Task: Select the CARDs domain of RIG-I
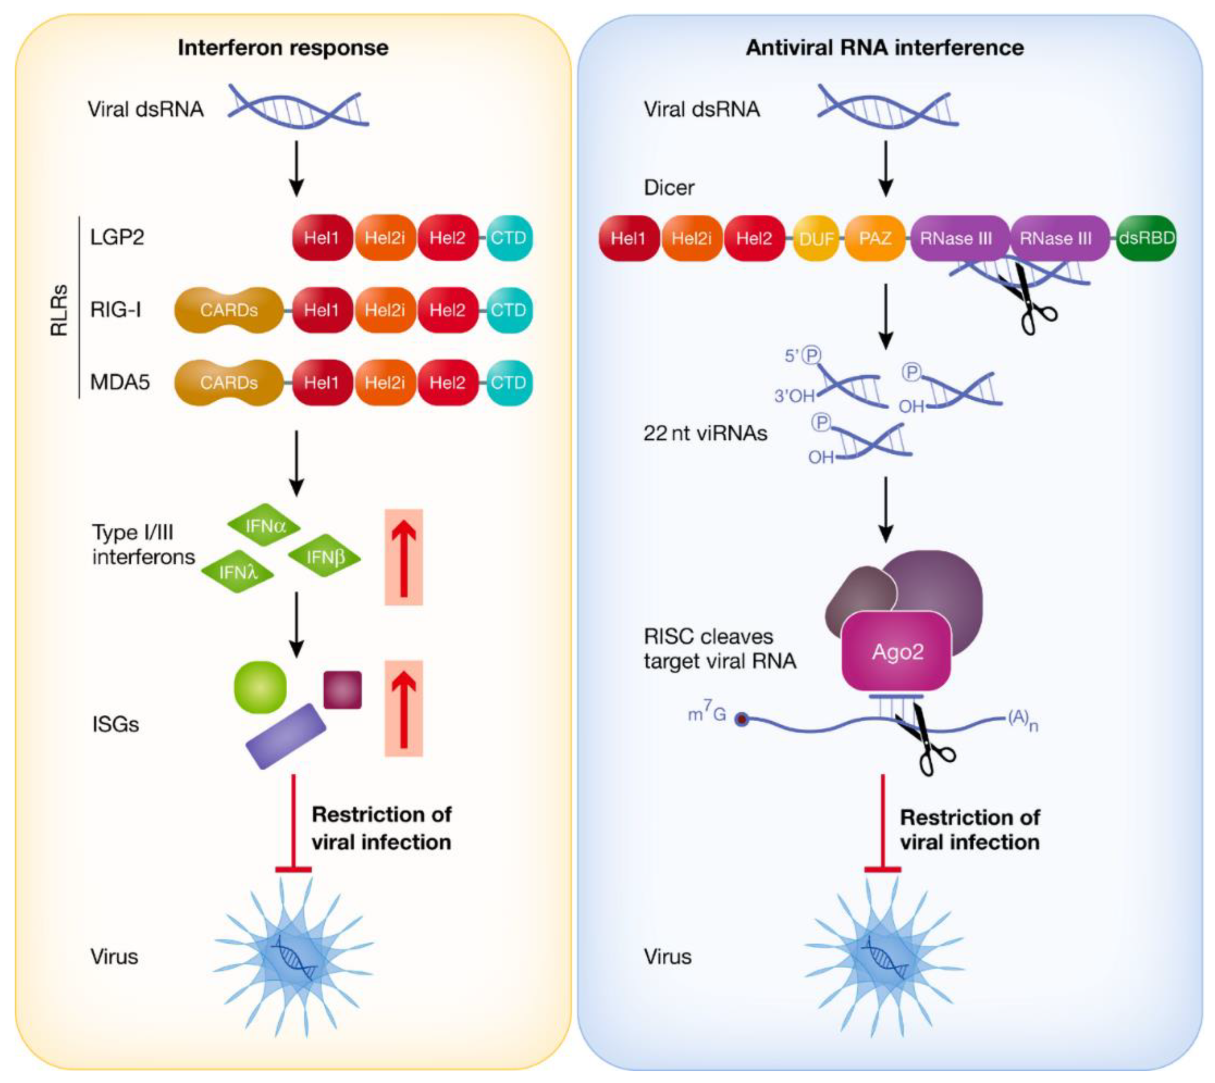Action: coord(229,310)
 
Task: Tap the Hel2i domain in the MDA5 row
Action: coord(385,383)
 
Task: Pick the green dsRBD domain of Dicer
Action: coord(1146,239)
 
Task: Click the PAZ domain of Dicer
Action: coord(875,239)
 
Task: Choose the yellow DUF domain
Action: coord(816,239)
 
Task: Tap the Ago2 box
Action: coord(897,652)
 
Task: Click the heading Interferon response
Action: coord(283,47)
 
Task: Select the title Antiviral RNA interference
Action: coord(885,47)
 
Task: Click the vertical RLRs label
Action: coord(59,310)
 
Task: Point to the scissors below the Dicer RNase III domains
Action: coord(1028,299)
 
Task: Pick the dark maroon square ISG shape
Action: coord(342,690)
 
